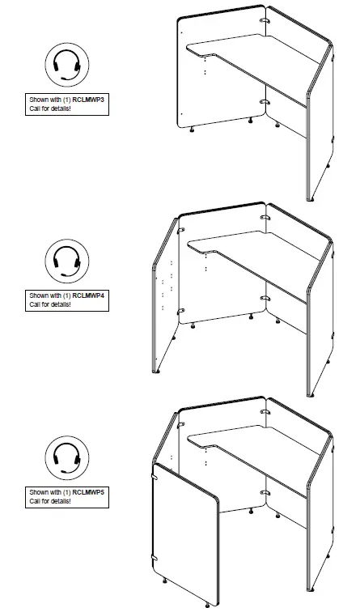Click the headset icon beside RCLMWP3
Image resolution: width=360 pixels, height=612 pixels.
click(x=66, y=66)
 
